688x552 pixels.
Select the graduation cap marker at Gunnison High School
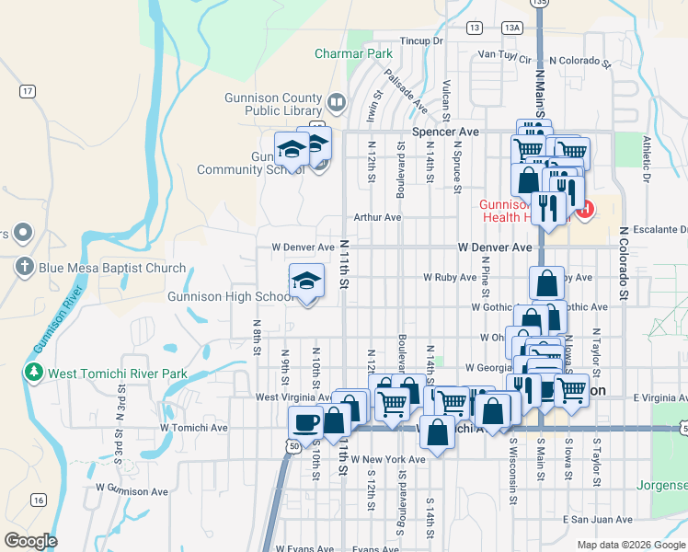(x=307, y=282)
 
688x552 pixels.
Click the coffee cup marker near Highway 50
(x=305, y=422)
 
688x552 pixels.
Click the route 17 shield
(x=28, y=91)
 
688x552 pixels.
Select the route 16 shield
(x=38, y=500)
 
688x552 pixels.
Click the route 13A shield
(x=511, y=28)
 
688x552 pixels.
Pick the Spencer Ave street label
(x=445, y=132)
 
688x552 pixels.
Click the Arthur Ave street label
(x=380, y=217)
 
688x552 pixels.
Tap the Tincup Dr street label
(x=422, y=41)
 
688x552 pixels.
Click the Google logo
(x=30, y=541)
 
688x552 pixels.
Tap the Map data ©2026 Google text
(x=630, y=545)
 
